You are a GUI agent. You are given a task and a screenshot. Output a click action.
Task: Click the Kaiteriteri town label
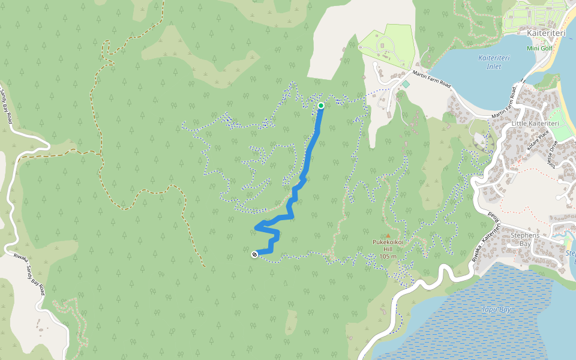[x=546, y=34]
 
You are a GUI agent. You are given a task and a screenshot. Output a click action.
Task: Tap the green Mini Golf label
[x=538, y=48]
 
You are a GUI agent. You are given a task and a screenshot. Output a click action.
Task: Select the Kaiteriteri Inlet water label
[x=490, y=62]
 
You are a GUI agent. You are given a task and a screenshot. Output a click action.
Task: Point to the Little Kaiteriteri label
[x=535, y=124]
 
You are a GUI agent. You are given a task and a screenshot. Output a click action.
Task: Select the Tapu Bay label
[x=496, y=310]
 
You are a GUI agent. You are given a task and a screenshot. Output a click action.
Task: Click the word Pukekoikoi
[x=388, y=242]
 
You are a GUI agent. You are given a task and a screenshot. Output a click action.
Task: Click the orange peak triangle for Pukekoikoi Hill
[x=388, y=235]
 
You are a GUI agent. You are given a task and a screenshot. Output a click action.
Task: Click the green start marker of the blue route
[x=321, y=106]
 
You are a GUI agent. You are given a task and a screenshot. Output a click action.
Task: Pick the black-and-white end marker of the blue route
[x=255, y=254]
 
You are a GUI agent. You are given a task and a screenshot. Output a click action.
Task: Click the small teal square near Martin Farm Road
[x=406, y=85]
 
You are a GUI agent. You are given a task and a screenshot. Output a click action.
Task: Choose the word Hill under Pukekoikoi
[x=388, y=249]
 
